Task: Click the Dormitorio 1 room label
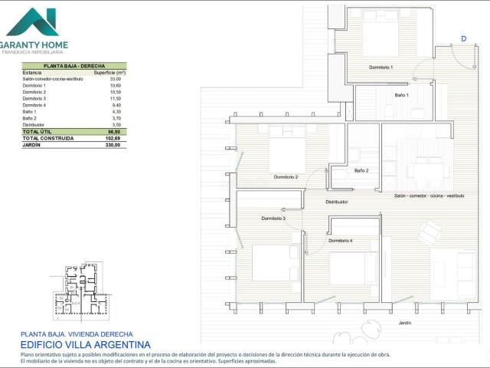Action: coord(381,67)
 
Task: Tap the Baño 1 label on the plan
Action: coord(402,95)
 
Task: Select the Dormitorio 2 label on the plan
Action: coord(286,177)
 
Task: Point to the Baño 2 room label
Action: coord(361,170)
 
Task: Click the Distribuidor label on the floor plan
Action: coord(337,202)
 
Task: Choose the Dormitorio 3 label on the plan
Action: coord(273,219)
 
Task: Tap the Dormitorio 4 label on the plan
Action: coord(341,241)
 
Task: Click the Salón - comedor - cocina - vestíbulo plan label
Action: coord(429,195)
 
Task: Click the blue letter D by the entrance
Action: coord(463,38)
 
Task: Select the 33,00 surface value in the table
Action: coord(116,79)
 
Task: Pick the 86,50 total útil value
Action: coord(114,132)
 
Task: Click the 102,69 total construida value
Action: coord(113,138)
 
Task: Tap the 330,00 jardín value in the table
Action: coord(113,145)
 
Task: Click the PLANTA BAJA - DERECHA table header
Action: coord(73,67)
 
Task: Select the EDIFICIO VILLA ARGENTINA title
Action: coord(86,345)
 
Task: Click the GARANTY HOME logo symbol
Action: coord(32,22)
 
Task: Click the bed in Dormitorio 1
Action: coord(381,34)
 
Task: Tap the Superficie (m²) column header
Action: coord(109,73)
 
